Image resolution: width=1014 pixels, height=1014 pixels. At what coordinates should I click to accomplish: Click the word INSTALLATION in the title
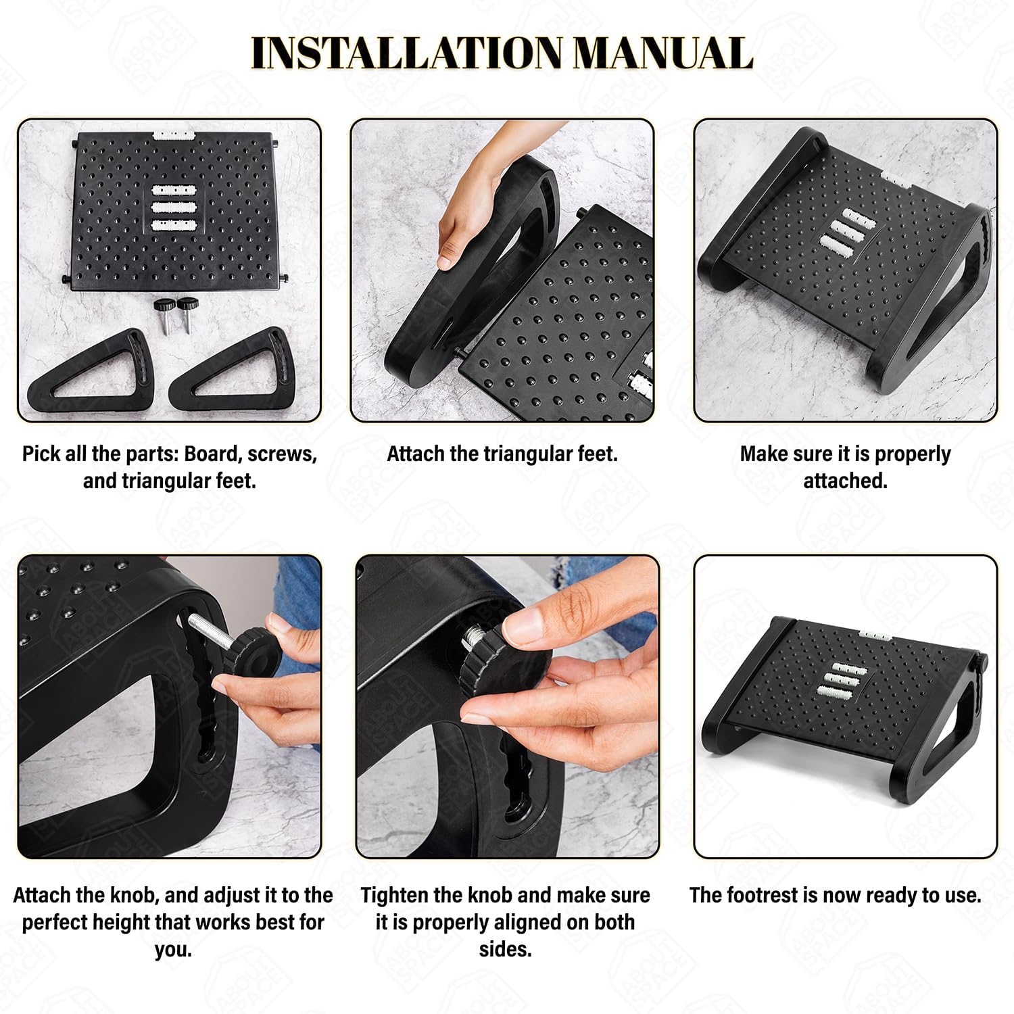tap(406, 53)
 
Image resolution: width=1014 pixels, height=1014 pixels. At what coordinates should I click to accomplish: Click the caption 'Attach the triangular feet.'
tap(502, 454)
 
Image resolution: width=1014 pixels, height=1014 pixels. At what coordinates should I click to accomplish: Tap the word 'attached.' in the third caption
tap(845, 481)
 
